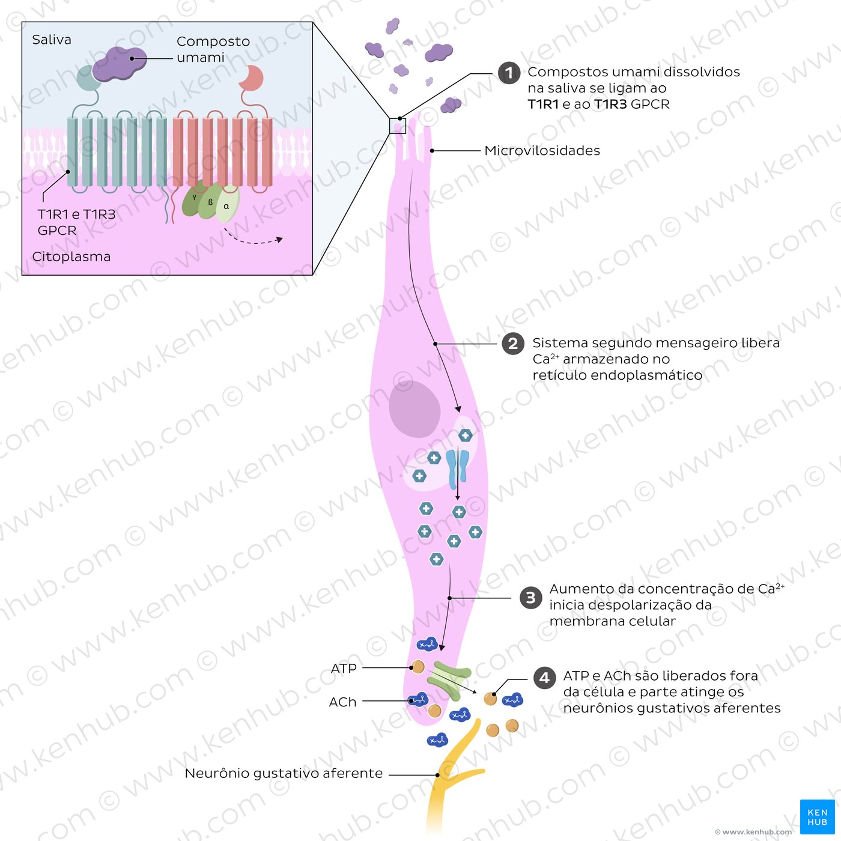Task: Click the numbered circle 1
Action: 509,73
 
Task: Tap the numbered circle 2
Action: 513,344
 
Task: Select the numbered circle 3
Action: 530,598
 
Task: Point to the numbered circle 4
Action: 545,678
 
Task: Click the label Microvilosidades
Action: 542,151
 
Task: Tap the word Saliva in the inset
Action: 52,40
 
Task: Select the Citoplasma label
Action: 71,257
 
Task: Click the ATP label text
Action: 344,668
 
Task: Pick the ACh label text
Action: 342,702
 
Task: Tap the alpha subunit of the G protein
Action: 228,204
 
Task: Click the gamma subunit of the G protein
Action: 193,198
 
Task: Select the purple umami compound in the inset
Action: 120,64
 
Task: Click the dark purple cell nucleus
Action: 414,408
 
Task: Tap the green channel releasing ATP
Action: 449,681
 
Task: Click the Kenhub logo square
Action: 817,816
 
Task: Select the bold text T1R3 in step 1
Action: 610,105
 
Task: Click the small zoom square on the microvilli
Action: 398,126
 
